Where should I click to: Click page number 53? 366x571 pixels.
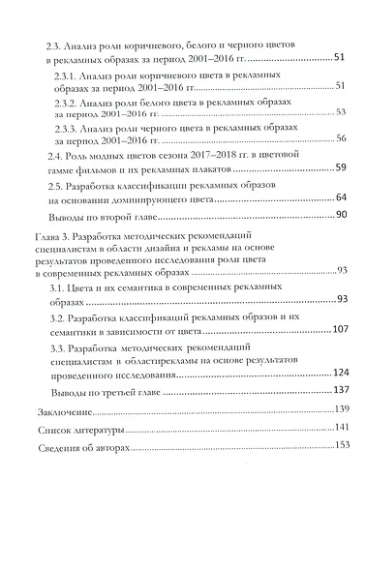pos(342,112)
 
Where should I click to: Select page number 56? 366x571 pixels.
pos(342,139)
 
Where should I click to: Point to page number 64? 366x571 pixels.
pos(342,196)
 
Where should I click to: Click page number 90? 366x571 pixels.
pos(342,213)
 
